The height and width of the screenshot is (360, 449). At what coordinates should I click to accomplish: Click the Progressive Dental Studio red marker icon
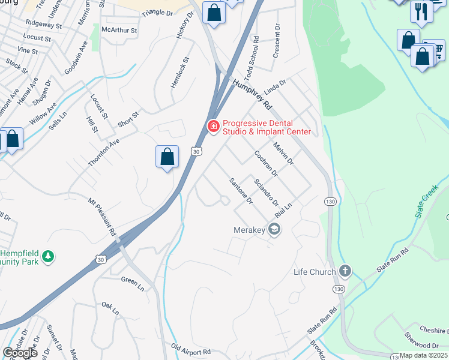pyautogui.click(x=212, y=126)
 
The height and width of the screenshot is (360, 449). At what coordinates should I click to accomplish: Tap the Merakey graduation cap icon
pyautogui.click(x=274, y=229)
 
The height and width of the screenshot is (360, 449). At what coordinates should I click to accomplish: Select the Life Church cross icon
pyautogui.click(x=345, y=271)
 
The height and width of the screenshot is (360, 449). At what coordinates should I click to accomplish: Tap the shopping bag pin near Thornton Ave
pyautogui.click(x=167, y=157)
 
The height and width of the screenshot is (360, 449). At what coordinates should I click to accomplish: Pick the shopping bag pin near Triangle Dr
pyautogui.click(x=214, y=13)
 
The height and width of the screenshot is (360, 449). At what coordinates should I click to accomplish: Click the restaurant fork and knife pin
pyautogui.click(x=421, y=11)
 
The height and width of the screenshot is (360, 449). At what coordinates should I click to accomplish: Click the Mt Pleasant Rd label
pyautogui.click(x=101, y=216)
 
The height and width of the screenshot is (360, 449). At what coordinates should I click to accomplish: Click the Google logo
pyautogui.click(x=20, y=353)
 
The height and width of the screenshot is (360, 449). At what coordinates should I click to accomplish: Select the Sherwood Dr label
pyautogui.click(x=421, y=346)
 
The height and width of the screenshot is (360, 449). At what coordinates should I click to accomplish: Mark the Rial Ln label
pyautogui.click(x=283, y=210)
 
